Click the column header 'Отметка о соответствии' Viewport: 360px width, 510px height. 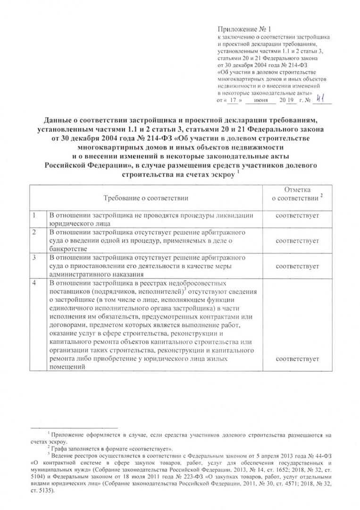pyautogui.click(x=297, y=193)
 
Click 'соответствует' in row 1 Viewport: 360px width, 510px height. pyautogui.click(x=297, y=216)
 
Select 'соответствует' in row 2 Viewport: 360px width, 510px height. pyautogui.click(x=297, y=241)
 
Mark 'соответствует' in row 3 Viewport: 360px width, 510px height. pyautogui.click(x=297, y=266)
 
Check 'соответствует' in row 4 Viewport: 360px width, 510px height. pyautogui.click(x=297, y=359)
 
